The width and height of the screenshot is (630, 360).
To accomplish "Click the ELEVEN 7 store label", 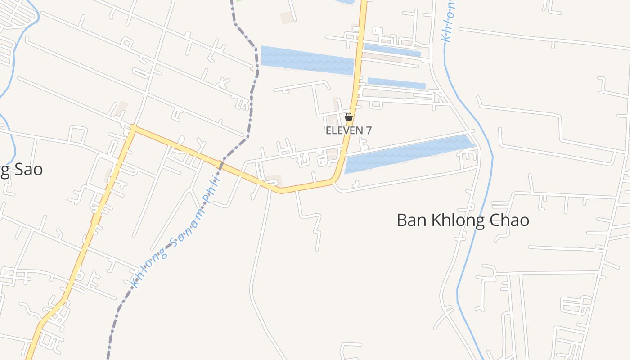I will [x=349, y=130].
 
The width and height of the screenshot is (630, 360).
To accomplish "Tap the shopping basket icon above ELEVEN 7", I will [x=348, y=117].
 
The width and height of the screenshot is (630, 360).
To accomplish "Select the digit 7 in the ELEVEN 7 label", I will [x=369, y=130].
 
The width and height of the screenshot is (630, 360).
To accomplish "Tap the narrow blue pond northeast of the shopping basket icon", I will [x=396, y=83].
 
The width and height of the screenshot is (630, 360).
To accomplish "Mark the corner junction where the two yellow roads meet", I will [x=133, y=128].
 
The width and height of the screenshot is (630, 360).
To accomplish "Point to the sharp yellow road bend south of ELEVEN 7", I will [x=335, y=179].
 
